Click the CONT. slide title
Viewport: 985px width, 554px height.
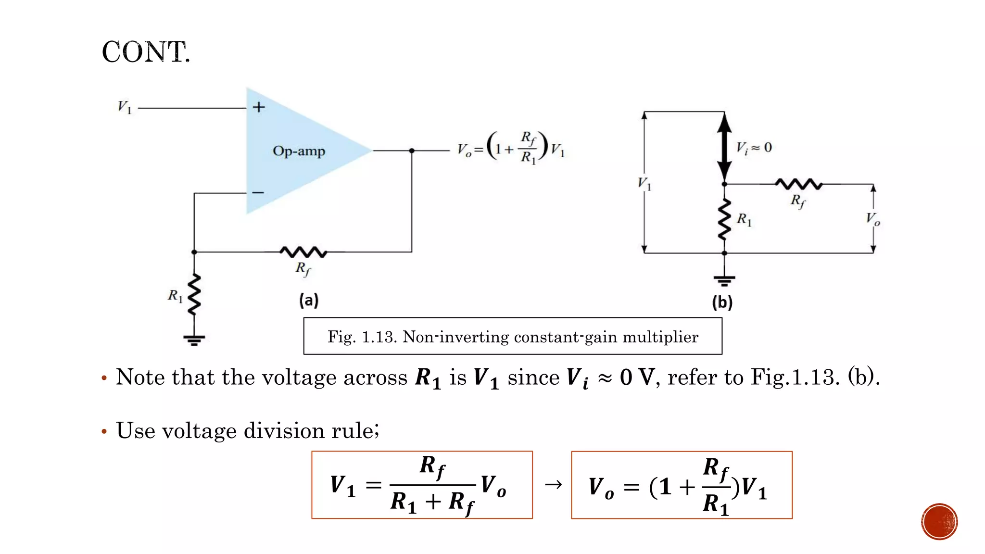point(146,52)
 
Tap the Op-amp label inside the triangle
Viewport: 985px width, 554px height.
point(299,151)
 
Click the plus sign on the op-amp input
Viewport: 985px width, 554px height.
point(259,107)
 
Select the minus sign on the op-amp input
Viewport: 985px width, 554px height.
point(258,193)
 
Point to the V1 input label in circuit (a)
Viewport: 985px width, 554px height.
point(125,107)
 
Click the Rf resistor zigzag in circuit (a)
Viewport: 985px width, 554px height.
point(303,252)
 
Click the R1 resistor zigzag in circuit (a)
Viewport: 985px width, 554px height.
point(194,294)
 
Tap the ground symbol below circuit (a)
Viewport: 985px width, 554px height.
point(194,340)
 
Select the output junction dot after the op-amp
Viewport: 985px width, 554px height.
point(412,151)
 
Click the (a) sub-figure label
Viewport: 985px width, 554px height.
point(309,300)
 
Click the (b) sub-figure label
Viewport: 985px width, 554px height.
point(722,302)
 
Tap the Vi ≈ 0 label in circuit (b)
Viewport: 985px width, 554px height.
point(754,148)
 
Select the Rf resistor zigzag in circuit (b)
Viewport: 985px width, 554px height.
point(799,184)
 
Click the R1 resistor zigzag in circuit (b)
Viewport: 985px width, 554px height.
point(725,219)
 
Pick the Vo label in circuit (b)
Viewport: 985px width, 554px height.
point(872,219)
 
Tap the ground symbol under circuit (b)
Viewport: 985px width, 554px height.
point(724,280)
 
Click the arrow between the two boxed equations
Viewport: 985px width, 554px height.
point(553,484)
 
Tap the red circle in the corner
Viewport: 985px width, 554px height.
point(939,522)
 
